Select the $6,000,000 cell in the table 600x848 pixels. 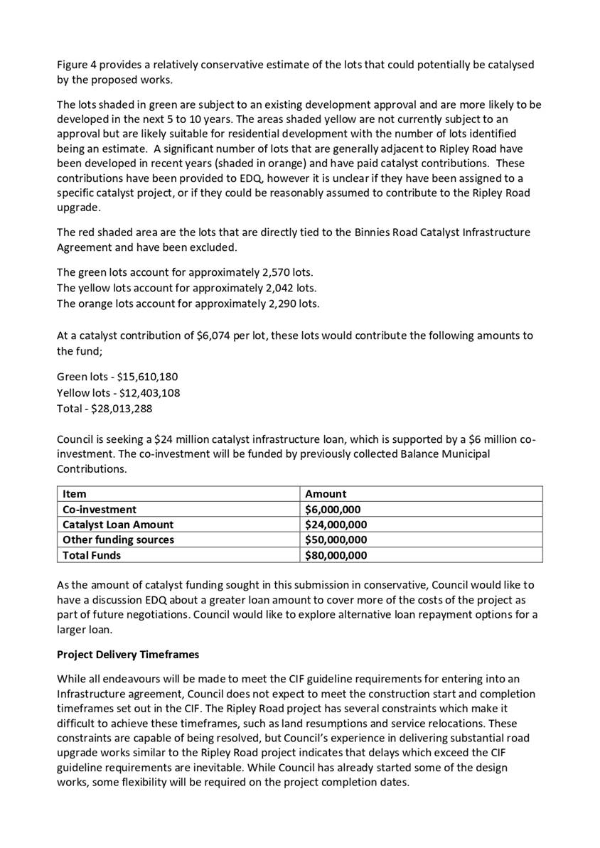click(333, 509)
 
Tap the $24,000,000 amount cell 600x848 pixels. click(336, 525)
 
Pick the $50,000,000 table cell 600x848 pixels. click(336, 540)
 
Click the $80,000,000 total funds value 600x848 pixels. click(336, 555)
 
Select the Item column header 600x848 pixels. click(74, 494)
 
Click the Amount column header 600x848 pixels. click(326, 494)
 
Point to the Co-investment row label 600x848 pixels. click(100, 509)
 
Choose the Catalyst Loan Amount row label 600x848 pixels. click(118, 525)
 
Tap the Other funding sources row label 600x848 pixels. click(118, 540)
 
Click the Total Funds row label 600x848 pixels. click(92, 555)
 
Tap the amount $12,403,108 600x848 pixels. click(149, 393)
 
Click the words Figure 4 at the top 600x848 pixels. click(77, 65)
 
